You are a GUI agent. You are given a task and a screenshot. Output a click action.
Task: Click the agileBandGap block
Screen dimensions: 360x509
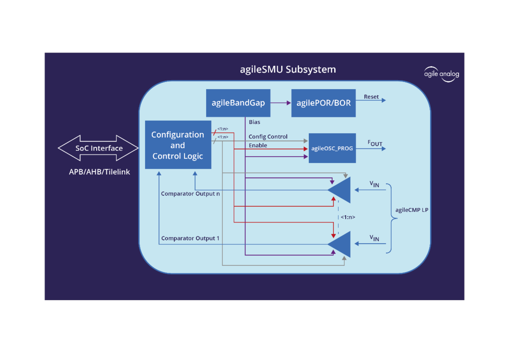tap(238, 103)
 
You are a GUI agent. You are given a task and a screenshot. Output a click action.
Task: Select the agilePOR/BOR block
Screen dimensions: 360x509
tap(323, 103)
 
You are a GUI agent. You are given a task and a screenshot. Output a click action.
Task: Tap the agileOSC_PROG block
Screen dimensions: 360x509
tap(332, 148)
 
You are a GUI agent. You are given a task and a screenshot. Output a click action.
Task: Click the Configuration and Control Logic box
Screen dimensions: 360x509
tap(178, 145)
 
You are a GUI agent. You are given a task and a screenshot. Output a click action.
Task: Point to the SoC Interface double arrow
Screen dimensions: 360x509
tap(98, 148)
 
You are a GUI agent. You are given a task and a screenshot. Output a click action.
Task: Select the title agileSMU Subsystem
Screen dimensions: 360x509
tap(288, 69)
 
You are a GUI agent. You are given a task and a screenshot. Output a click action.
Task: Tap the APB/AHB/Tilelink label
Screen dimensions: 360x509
tap(99, 172)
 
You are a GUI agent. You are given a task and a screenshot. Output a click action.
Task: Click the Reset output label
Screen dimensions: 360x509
tap(371, 97)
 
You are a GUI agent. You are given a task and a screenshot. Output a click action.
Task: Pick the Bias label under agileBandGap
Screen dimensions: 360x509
tap(255, 122)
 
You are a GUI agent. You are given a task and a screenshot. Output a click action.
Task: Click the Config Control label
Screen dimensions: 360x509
tap(268, 137)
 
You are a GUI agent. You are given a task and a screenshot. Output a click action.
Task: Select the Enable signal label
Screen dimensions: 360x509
tap(258, 146)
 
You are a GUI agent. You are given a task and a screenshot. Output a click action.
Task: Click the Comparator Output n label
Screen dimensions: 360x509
tap(190, 194)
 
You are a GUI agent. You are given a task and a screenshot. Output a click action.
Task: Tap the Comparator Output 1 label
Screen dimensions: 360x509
tap(190, 239)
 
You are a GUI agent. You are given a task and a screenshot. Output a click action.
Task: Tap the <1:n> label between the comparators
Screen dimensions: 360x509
tap(348, 217)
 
